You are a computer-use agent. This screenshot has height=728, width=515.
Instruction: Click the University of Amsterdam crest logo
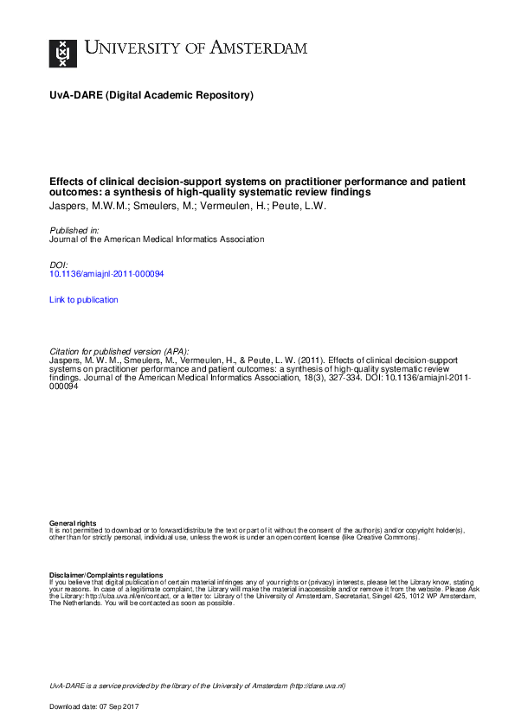click(61, 53)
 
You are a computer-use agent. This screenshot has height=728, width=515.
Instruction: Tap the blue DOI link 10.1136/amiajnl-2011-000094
click(107, 273)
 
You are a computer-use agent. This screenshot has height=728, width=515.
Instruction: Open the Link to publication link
click(84, 300)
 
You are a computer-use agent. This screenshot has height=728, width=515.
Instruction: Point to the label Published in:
click(74, 231)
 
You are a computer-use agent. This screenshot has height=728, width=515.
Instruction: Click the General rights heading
click(73, 523)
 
